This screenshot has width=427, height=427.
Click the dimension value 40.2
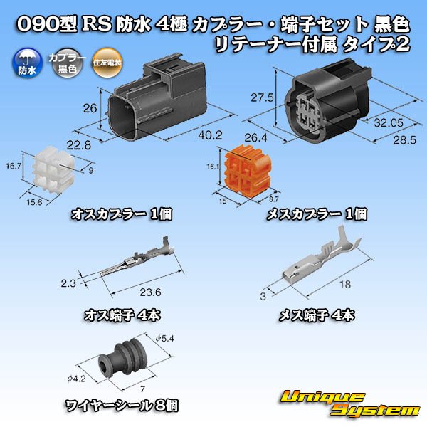pyautogui.click(x=206, y=134)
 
